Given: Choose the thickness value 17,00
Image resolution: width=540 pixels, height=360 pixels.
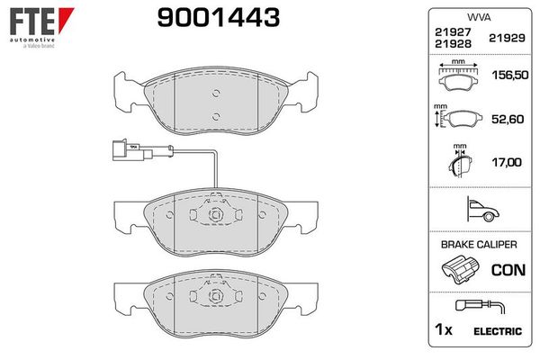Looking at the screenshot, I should point(505,163).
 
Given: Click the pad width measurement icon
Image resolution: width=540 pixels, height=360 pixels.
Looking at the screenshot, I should point(458,77).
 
